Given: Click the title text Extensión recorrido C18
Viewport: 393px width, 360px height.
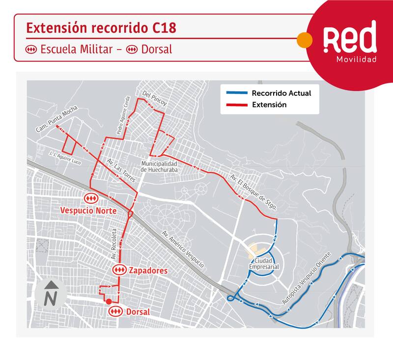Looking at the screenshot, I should (100, 28).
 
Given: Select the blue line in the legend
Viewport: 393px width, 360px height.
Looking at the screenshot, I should (236, 93).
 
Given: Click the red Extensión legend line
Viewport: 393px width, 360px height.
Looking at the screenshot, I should (236, 105).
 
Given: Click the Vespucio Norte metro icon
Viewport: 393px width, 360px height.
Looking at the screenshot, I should (90, 197).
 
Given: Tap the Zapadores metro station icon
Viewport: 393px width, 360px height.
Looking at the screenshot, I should (119, 270).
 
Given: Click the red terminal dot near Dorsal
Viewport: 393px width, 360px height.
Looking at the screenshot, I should (108, 302).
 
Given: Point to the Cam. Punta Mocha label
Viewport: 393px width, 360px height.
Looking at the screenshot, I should (53, 121).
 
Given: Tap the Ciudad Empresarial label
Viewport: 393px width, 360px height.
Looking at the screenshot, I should (264, 263).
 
